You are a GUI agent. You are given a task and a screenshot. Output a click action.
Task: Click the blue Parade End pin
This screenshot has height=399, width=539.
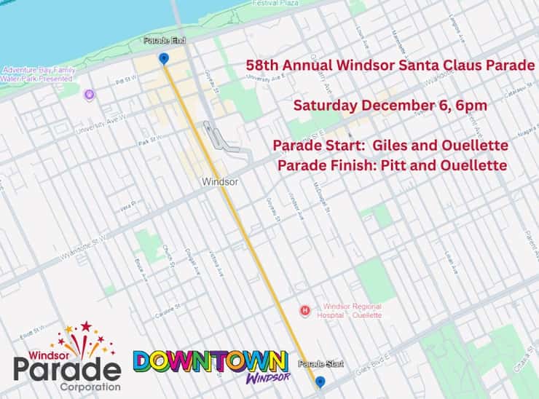pos(163,58)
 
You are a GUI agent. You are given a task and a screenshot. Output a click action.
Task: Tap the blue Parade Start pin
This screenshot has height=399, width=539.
pos(320,381)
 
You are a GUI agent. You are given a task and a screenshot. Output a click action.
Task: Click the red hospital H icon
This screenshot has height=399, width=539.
pos(306,311)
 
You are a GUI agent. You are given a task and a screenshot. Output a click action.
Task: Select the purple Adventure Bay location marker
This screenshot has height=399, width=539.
pos(90,94)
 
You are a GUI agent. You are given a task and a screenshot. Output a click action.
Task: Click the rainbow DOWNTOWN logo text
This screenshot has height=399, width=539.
pos(210,361)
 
